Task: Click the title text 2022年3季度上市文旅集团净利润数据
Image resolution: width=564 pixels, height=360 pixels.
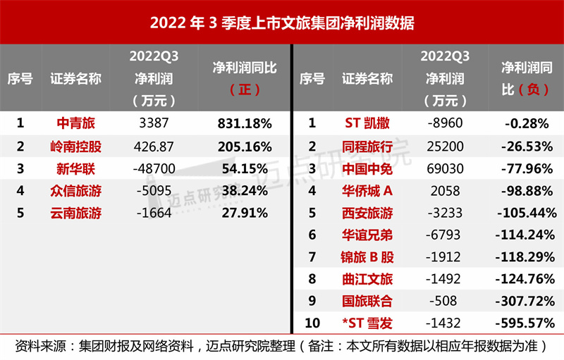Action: pyautogui.click(x=282, y=23)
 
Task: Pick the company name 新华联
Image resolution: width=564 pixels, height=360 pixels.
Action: pyautogui.click(x=75, y=169)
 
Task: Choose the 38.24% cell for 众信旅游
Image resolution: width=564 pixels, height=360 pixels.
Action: pyautogui.click(x=245, y=191)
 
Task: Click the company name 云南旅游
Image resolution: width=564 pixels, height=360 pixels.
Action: pyautogui.click(x=75, y=213)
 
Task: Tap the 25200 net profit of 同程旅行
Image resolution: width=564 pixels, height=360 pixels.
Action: pyautogui.click(x=445, y=147)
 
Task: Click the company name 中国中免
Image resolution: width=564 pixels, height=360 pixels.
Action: pyautogui.click(x=367, y=169)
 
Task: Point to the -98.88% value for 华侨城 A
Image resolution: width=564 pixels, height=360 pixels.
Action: pyautogui.click(x=527, y=191)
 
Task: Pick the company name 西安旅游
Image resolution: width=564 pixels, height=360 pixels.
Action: pyautogui.click(x=367, y=213)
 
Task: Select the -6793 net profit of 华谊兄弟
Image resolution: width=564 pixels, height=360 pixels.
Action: pyautogui.click(x=445, y=235)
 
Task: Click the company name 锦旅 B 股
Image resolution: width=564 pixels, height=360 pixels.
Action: pyautogui.click(x=367, y=257)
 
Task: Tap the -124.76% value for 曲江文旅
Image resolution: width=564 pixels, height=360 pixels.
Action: pyautogui.click(x=527, y=280)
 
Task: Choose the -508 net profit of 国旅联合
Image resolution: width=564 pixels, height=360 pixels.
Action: pyautogui.click(x=445, y=302)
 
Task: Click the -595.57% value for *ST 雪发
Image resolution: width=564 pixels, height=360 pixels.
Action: pyautogui.click(x=527, y=323)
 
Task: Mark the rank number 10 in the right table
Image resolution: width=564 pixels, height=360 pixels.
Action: pyautogui.click(x=312, y=323)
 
